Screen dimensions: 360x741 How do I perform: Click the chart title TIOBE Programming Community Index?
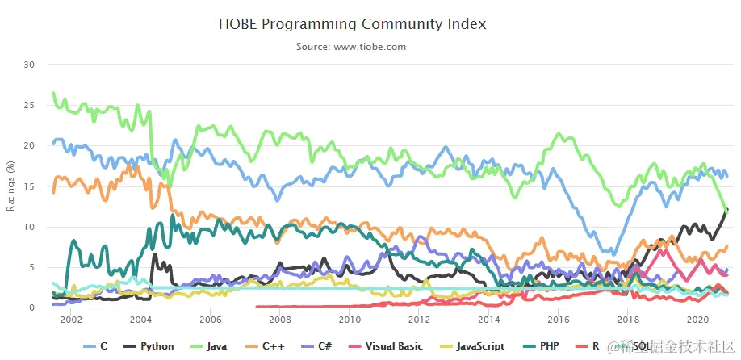click(x=351, y=24)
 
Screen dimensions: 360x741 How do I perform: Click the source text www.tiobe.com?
click(x=351, y=47)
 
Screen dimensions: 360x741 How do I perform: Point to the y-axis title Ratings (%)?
click(x=10, y=186)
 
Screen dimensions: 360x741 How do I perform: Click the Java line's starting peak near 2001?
click(x=53, y=93)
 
